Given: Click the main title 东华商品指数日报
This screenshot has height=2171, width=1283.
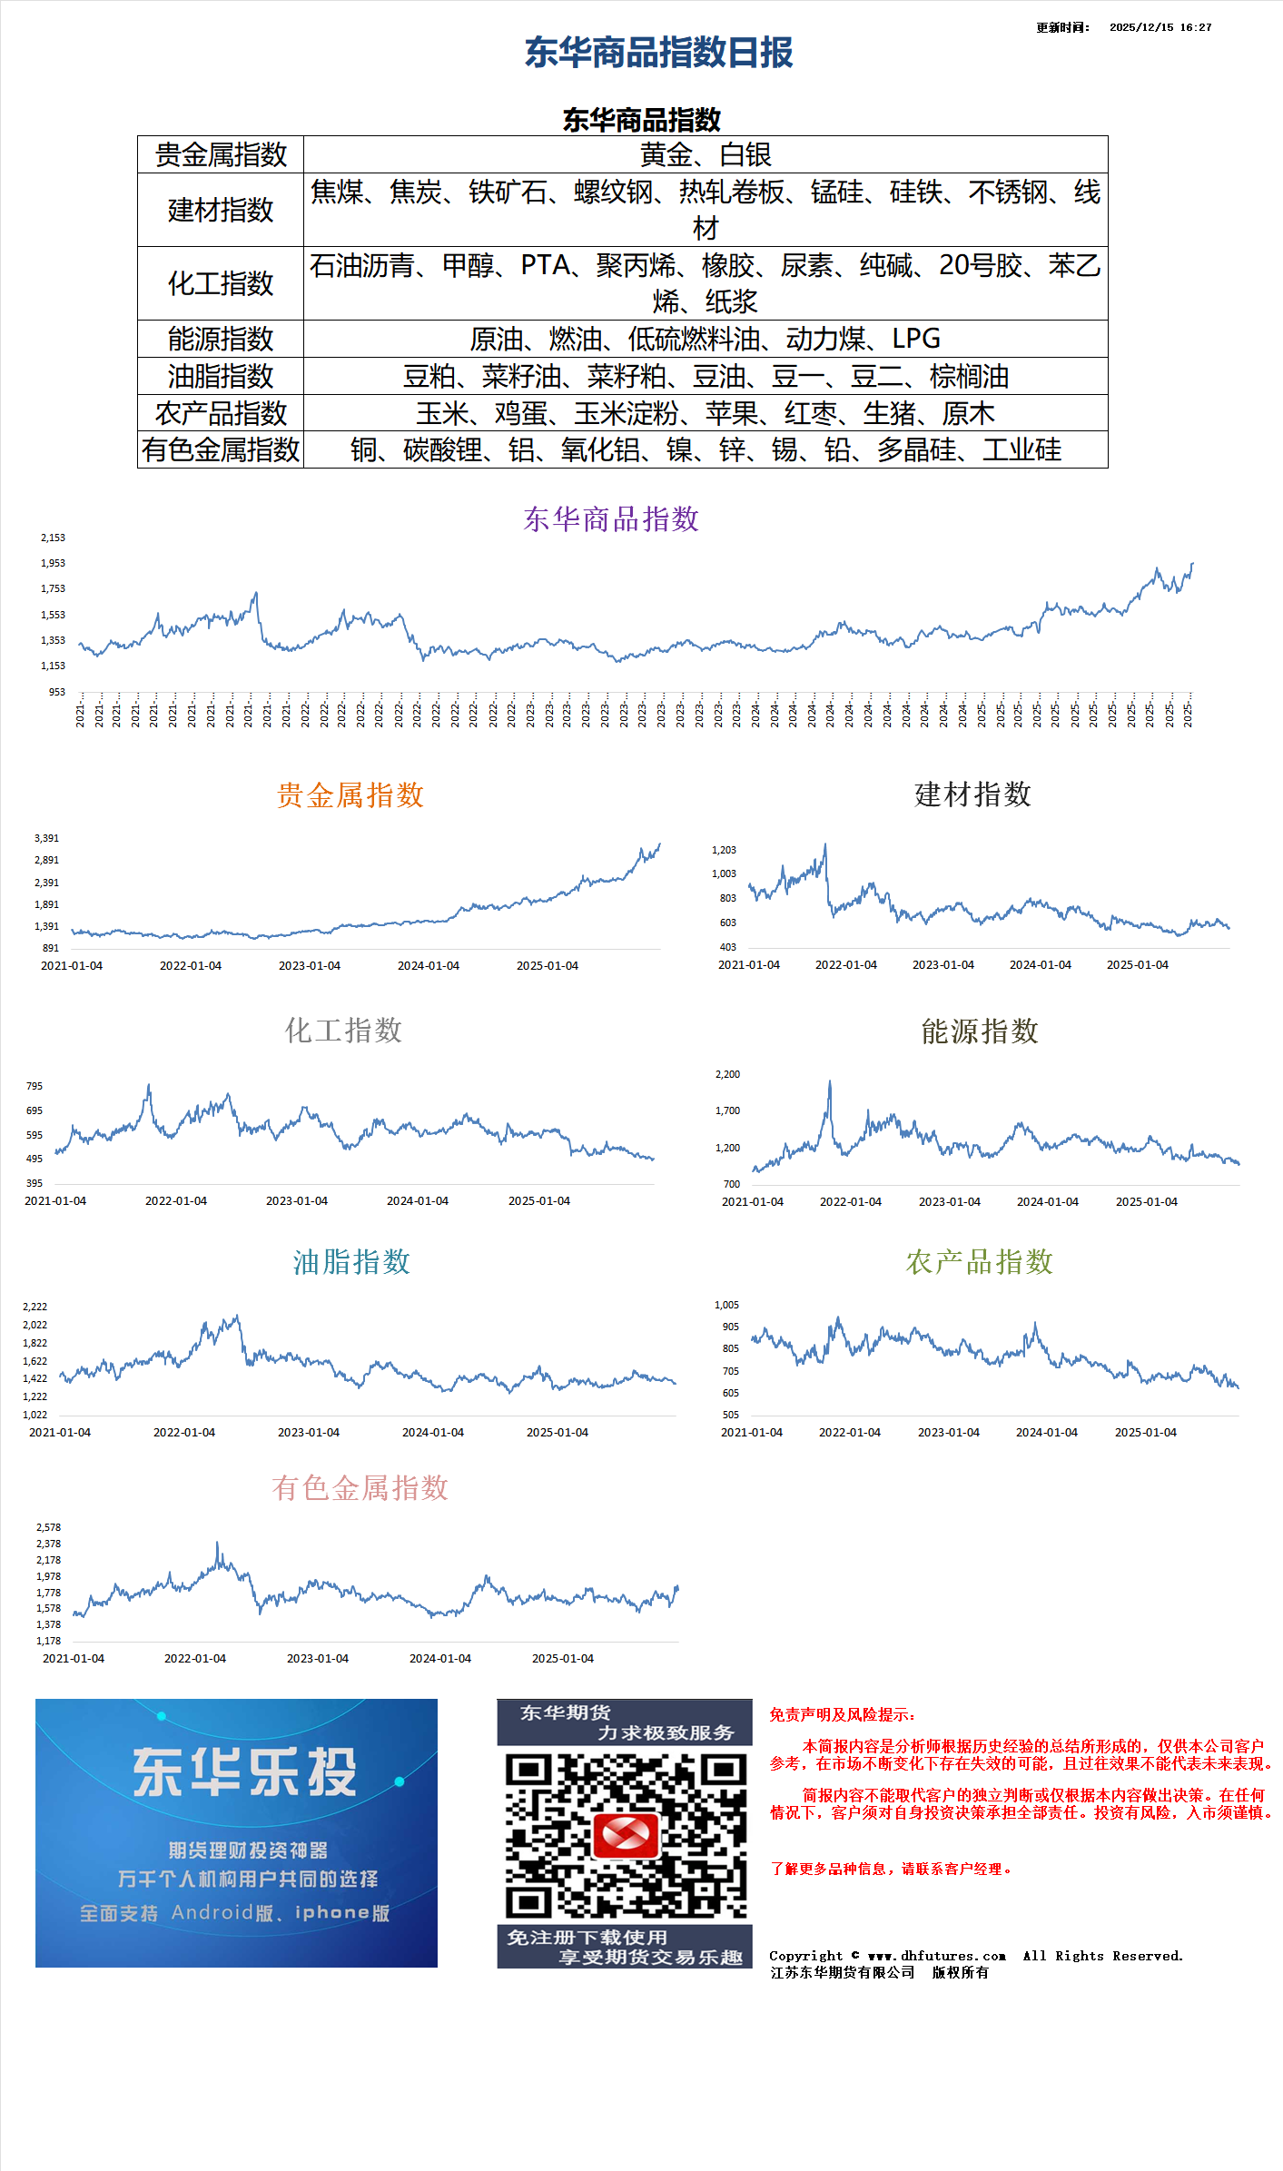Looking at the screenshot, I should click(x=658, y=53).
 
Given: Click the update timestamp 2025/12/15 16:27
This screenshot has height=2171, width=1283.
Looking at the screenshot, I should click(x=1160, y=27).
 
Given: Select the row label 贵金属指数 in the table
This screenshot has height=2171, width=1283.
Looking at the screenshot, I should click(x=221, y=155).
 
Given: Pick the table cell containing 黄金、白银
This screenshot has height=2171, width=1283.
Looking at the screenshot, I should click(x=706, y=155).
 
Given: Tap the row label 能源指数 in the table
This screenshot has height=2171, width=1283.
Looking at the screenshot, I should click(x=221, y=339).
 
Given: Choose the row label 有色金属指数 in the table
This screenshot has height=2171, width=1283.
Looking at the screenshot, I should click(x=221, y=449).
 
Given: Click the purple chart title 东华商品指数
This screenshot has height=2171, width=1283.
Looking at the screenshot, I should click(x=611, y=519).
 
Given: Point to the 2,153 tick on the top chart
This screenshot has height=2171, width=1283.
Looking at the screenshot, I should click(x=53, y=538).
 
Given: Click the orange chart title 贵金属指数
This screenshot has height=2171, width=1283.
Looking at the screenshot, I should click(x=350, y=795).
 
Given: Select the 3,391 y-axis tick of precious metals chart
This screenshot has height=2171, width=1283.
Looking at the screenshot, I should click(x=46, y=838).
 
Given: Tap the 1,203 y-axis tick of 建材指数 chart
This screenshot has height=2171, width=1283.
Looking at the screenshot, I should click(x=724, y=850).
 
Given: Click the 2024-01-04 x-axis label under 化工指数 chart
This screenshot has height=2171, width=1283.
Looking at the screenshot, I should click(x=418, y=1200).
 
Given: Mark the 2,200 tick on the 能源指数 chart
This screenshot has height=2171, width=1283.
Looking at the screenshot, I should click(x=727, y=1074).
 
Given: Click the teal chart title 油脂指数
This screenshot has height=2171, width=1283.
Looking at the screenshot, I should click(x=351, y=1262).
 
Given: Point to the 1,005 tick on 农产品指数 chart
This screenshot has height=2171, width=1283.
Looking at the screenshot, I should click(x=726, y=1305).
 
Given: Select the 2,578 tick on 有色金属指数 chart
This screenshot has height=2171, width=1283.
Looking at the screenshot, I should click(x=49, y=1527).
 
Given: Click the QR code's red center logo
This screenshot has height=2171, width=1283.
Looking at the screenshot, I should click(x=625, y=1835).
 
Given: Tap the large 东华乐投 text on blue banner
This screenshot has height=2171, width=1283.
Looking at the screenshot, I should click(x=245, y=1772).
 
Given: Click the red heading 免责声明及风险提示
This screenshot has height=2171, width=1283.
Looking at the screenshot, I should click(x=842, y=1715).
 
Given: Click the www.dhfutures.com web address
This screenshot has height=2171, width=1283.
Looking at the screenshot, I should click(x=936, y=1956).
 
